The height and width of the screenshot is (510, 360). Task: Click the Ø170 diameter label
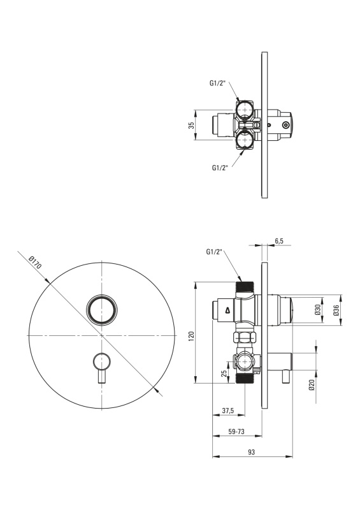35,263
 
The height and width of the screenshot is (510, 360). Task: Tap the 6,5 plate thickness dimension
279,241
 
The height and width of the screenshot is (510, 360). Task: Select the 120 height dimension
191,335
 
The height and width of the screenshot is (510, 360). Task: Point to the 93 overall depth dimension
252,452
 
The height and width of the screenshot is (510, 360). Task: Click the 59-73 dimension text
236,432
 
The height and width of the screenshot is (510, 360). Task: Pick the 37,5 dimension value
228,411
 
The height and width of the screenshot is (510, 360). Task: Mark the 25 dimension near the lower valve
224,373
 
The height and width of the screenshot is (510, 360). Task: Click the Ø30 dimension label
318,310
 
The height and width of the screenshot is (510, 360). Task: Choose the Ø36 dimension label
336,310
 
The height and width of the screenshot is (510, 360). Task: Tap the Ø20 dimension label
312,385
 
